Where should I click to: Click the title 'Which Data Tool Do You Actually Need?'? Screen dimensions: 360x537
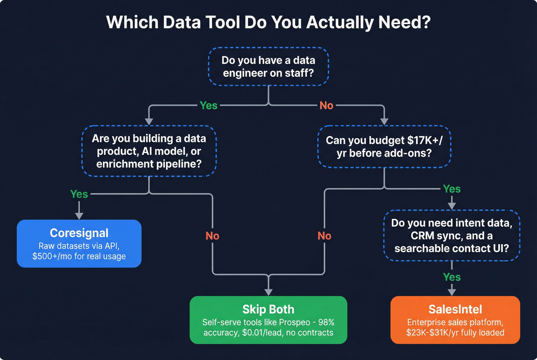268,22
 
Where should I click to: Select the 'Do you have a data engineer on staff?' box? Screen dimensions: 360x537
268,66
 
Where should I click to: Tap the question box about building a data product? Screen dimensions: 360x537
149,151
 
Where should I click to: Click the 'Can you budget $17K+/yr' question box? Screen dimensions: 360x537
384,146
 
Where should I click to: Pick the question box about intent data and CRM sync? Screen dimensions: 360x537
451,235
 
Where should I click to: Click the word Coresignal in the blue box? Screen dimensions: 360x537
79,233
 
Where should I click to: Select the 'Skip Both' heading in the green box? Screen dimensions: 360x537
268,309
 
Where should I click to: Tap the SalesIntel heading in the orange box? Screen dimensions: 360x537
455,309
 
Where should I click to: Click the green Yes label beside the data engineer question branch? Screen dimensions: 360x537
208,105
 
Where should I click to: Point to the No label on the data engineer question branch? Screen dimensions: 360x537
326,105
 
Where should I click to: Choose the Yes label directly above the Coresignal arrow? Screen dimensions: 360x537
79,194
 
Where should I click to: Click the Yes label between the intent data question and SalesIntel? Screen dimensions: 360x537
452,277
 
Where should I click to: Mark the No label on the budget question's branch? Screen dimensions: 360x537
325,236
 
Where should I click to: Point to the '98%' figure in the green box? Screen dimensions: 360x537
326,322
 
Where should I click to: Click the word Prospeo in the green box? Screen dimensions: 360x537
295,322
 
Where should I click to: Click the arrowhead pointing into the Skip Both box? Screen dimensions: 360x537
268,292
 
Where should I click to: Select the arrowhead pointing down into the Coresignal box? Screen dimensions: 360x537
79,215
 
